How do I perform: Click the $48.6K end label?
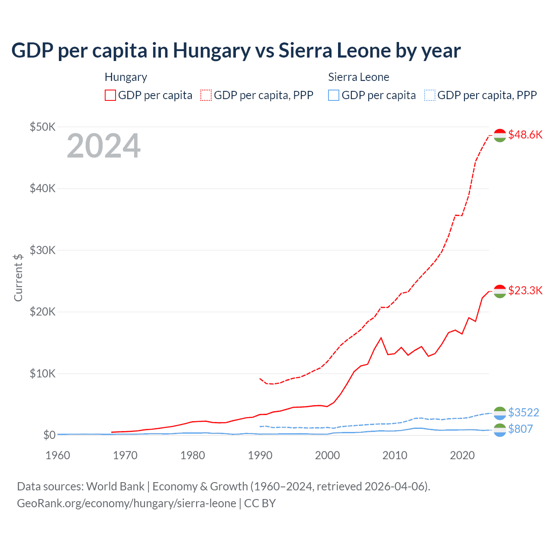(525, 135)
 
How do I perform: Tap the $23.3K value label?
(525, 290)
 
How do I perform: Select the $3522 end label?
(523, 412)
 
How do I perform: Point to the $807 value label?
(520, 429)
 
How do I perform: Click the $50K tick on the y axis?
(42, 127)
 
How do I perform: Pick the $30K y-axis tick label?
(42, 250)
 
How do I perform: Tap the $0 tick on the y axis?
(49, 435)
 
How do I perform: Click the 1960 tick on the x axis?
(58, 455)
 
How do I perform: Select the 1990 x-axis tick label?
(260, 455)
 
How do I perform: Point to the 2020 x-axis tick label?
(462, 455)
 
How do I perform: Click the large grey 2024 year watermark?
(103, 146)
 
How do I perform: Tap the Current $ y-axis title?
(18, 277)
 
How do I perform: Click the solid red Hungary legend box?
(110, 95)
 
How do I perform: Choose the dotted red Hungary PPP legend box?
(206, 95)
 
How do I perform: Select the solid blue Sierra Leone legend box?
(334, 95)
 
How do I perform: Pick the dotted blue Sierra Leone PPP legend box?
(430, 95)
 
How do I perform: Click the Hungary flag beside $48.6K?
(500, 135)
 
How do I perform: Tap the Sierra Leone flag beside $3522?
(500, 413)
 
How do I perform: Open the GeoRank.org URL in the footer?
(126, 503)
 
